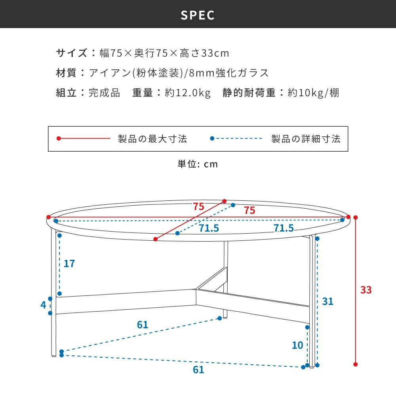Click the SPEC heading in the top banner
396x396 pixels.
click(198, 15)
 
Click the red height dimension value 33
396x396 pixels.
click(366, 290)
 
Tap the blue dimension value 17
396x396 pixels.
click(69, 263)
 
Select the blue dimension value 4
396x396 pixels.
click(43, 305)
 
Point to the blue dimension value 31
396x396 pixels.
click(327, 301)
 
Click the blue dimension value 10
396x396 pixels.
click(297, 345)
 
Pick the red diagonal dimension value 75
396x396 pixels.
click(198, 206)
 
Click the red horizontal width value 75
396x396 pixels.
click(249, 211)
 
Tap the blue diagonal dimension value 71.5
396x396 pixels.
click(209, 228)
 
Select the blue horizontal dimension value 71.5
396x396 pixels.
click(284, 228)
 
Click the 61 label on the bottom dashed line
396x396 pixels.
click(198, 370)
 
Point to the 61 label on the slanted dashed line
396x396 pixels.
click(143, 325)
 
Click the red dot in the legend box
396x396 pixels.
click(59, 139)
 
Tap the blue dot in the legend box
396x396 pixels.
click(212, 139)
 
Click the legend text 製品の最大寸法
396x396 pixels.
click(152, 139)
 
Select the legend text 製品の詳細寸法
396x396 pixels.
click(306, 139)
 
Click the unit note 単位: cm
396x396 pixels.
click(198, 164)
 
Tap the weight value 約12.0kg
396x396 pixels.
click(188, 93)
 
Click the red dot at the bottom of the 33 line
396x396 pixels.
click(356, 364)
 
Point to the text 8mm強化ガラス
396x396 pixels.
click(229, 73)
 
